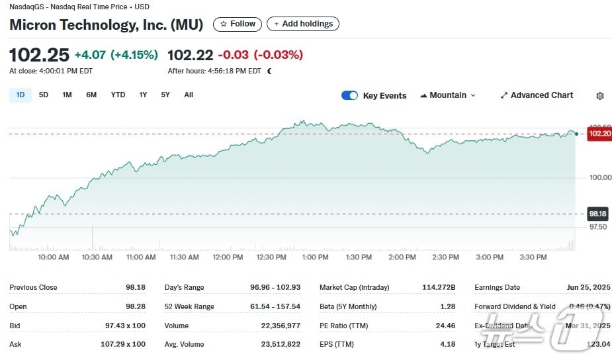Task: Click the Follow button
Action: (237, 24)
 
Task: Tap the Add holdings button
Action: (303, 24)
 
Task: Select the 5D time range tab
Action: (44, 95)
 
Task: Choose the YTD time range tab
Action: (118, 95)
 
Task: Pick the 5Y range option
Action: (165, 95)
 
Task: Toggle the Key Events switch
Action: (349, 95)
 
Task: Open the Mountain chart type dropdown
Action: (448, 95)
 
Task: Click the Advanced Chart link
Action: (537, 95)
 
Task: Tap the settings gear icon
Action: (600, 96)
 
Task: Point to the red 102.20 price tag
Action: (599, 134)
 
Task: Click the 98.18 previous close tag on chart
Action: (598, 214)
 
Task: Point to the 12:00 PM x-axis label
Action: (228, 257)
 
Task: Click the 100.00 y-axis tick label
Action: (596, 177)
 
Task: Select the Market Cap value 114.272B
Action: (439, 287)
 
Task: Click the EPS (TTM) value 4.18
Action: (448, 344)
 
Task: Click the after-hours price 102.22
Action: (191, 55)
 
